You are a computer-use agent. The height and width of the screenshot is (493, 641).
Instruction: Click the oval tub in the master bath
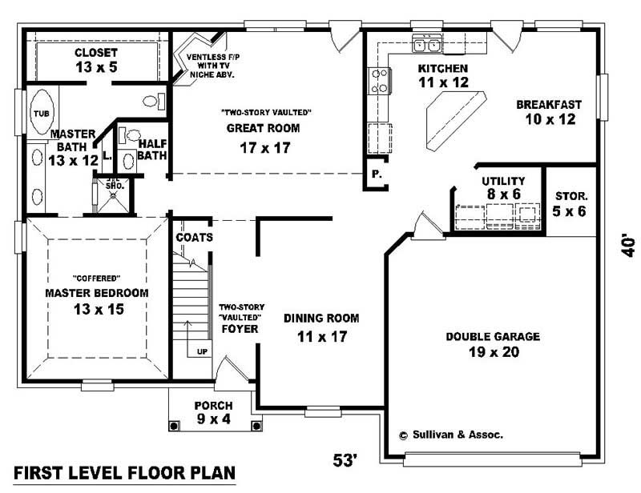point(40,114)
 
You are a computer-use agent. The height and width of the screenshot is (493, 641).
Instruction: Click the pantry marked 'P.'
point(374,174)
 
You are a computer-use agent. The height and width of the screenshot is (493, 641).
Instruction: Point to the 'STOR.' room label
point(571,195)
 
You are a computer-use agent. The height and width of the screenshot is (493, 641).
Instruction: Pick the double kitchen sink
point(426,42)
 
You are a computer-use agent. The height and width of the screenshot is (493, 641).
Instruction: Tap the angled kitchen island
point(455,118)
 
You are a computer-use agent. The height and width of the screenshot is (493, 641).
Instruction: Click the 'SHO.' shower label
point(113,185)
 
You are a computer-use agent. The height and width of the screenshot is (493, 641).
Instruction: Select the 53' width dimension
point(345,460)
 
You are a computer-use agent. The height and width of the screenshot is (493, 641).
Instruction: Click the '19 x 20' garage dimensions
point(492,352)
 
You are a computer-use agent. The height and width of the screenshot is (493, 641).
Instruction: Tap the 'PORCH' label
point(212,405)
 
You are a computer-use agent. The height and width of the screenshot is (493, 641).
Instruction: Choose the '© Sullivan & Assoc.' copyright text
point(450,435)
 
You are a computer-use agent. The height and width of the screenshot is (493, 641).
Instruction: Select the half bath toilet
point(132,135)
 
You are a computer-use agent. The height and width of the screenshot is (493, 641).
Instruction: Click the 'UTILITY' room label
point(502,181)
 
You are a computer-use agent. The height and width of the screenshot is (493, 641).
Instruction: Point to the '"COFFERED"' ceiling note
point(96,279)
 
